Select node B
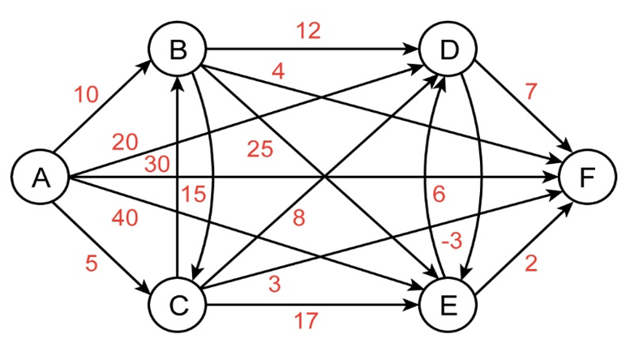pos(178,51)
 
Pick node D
pos(448,51)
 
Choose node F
pos(586,178)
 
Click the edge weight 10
pos(86,95)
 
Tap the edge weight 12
pos(309,31)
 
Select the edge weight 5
pos(92,264)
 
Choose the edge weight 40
pos(126,217)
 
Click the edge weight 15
pos(195,194)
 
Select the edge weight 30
pos(158,165)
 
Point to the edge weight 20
pos(125,143)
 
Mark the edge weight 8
pos(299,218)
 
